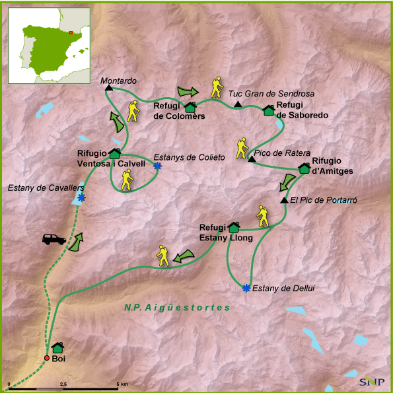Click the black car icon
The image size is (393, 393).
click(54, 238)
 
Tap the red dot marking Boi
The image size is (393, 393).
click(47, 358)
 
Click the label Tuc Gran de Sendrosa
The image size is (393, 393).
click(271, 94)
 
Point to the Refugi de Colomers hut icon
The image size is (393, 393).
click(191, 107)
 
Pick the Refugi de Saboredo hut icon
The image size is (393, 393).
click(269, 110)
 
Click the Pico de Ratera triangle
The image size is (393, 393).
click(251, 159)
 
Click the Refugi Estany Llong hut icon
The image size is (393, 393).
click(233, 227)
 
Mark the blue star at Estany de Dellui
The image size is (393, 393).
click(246, 287)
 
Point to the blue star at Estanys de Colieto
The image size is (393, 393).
click(157, 166)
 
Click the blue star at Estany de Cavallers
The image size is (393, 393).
click(81, 197)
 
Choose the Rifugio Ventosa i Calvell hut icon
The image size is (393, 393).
click(114, 154)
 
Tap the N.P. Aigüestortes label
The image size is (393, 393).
click(176, 308)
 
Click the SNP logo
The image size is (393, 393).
click(372, 381)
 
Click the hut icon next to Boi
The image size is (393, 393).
click(57, 347)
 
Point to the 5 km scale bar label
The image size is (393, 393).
click(122, 384)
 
